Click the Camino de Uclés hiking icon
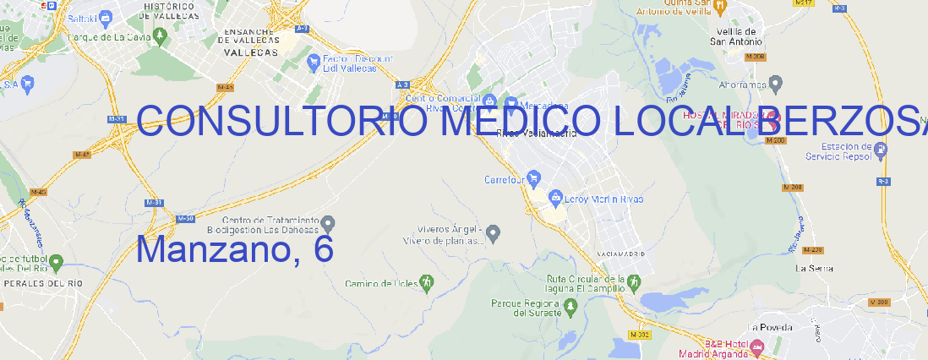pos(428,282)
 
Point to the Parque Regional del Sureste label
pos(526,308)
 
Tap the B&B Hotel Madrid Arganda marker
pos(757,346)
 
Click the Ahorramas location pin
pos(776,83)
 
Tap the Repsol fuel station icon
pos(882,150)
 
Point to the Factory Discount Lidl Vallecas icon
pos(315,61)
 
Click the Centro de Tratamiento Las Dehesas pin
pos(330,223)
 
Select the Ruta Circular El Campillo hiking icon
pos(633,282)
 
